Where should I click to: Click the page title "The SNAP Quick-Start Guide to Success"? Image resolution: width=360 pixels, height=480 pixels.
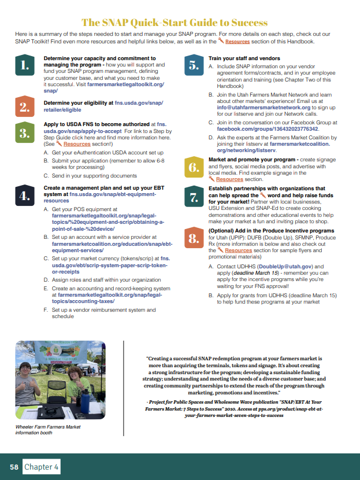175,23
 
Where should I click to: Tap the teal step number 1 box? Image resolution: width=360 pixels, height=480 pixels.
24,66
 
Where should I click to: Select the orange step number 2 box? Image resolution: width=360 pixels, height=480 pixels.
24,106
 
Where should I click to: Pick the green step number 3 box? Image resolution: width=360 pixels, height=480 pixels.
24,134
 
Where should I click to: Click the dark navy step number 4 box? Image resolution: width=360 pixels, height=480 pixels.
24,196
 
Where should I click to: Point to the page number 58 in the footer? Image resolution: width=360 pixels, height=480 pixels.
13,466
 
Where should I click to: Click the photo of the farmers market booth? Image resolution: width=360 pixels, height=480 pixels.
60,382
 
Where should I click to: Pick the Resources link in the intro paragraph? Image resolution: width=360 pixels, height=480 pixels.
237,42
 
